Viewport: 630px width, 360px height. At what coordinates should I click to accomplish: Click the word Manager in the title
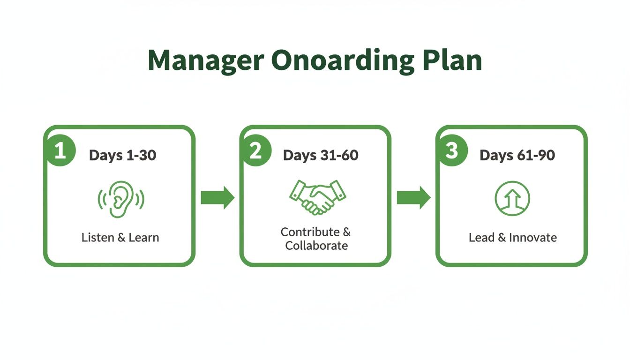205,60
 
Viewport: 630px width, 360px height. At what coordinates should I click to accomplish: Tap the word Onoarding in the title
342,61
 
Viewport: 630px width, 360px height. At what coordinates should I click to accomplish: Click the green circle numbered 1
60,151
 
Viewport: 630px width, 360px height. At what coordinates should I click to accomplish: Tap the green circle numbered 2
255,151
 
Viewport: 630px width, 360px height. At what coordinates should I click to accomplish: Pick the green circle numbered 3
451,151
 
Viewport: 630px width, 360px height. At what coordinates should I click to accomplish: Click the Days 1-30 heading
122,155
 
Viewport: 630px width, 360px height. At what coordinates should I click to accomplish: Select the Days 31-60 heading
321,155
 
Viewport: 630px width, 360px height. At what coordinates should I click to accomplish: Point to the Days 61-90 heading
517,155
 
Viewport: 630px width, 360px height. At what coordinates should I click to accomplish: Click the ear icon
120,199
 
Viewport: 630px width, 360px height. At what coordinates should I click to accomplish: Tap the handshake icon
317,197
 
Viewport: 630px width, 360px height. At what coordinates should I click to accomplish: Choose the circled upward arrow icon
512,198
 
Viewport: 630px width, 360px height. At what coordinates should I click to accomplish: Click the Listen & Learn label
120,238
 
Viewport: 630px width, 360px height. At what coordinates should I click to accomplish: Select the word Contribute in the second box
310,232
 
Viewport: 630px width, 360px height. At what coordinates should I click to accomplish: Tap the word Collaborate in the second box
316,246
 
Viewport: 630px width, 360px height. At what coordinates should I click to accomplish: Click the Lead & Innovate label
512,238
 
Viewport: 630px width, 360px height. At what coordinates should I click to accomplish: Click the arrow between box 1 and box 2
217,198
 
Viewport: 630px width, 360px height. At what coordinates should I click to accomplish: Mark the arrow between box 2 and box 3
413,198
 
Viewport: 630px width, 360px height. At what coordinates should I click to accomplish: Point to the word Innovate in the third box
533,238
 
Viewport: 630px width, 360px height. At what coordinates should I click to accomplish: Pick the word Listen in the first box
97,238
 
